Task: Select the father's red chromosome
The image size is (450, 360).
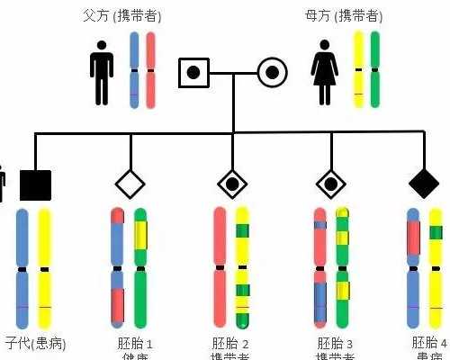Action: click(x=150, y=70)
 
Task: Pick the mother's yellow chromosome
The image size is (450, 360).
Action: click(x=358, y=70)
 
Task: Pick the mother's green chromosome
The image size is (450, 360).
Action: click(x=374, y=70)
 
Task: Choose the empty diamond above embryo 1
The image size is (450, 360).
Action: click(x=130, y=184)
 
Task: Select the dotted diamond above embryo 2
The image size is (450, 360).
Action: click(x=232, y=184)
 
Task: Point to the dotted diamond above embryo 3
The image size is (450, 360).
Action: click(x=331, y=184)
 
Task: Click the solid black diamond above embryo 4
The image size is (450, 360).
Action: click(x=423, y=184)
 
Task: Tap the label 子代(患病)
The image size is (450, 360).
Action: click(x=35, y=344)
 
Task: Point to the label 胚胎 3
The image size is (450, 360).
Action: click(x=336, y=344)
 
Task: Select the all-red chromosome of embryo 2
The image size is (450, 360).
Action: click(x=220, y=266)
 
